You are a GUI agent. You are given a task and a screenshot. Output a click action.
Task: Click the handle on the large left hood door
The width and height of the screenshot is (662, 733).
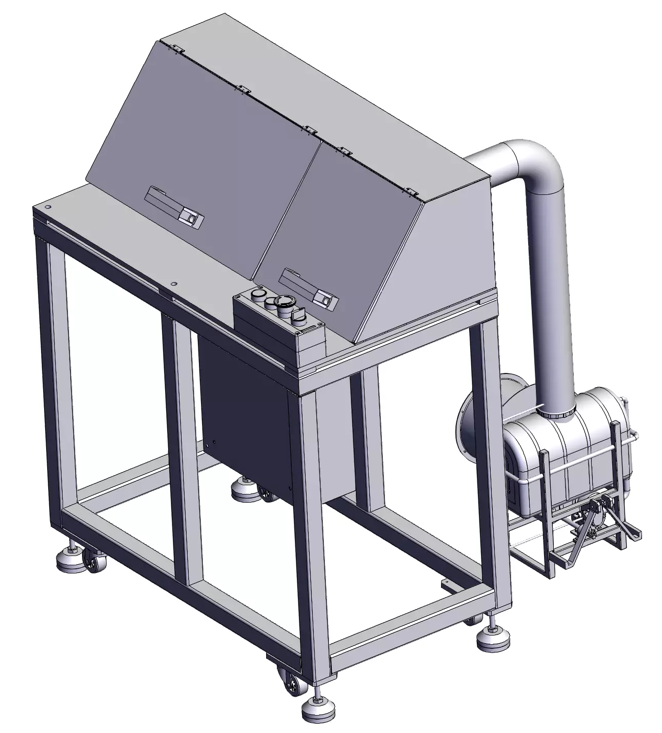pyautogui.click(x=175, y=207)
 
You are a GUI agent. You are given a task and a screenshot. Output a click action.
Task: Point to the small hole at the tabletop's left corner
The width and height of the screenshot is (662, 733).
pyautogui.click(x=48, y=207)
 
